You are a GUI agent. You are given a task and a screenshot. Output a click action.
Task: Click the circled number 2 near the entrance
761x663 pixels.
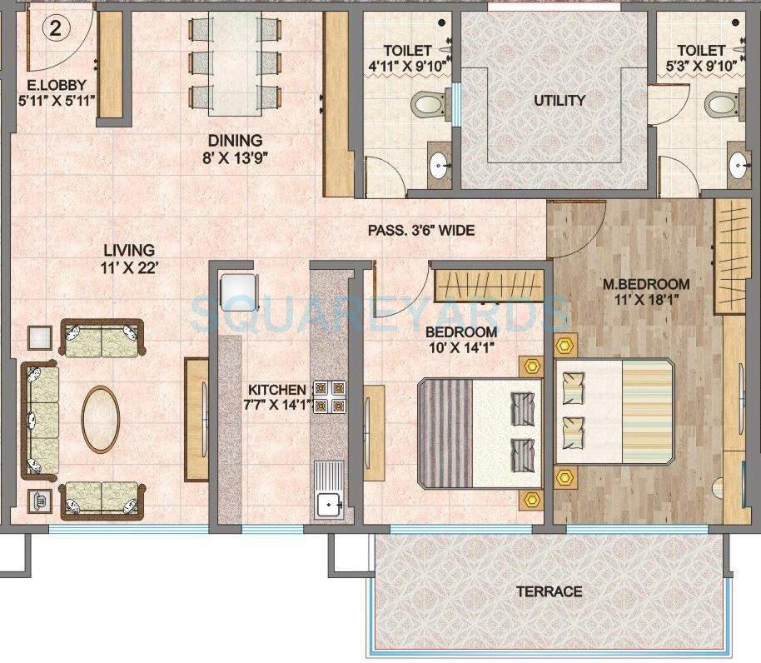(55, 29)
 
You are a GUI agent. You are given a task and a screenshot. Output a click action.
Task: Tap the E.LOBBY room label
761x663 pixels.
(57, 83)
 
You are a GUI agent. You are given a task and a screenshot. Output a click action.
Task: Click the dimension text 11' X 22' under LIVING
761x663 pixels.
(129, 267)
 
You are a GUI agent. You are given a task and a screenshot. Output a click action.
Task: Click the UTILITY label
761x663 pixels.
(560, 101)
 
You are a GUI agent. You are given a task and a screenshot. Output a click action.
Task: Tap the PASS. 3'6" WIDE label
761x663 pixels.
(421, 230)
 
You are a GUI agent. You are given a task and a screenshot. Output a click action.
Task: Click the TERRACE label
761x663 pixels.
(549, 591)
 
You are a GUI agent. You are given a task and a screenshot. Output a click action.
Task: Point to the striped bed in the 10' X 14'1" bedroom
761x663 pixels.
(479, 432)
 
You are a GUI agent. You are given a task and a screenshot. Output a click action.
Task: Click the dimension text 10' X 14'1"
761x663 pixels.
(462, 348)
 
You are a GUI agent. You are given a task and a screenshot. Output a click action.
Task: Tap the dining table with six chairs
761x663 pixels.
(233, 64)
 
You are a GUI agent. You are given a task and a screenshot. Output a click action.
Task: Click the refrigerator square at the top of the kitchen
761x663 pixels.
(236, 291)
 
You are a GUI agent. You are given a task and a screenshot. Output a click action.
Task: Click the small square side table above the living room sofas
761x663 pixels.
(39, 337)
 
